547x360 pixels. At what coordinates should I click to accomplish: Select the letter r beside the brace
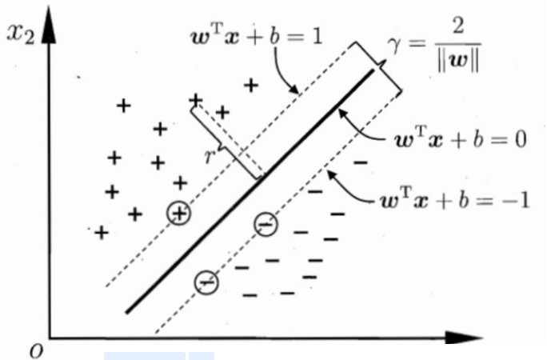pos(210,155)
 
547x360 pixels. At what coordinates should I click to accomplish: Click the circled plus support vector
pos(179,212)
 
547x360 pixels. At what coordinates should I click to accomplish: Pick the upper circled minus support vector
pos(266,225)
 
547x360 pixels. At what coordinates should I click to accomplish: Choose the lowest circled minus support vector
pos(206,282)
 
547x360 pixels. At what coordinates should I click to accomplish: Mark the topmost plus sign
pos(250,84)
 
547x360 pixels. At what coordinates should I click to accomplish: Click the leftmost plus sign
pos(101,233)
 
